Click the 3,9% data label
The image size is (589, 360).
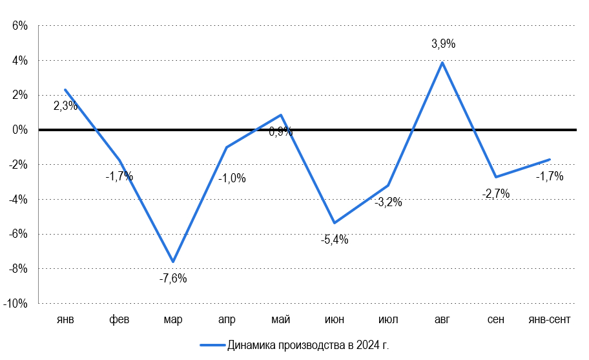[444, 45]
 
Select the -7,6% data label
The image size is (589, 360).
[172, 279]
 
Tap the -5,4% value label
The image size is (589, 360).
[335, 240]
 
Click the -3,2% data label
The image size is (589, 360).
[388, 202]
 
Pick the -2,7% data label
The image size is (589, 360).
[496, 193]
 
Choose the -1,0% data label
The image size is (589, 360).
[232, 178]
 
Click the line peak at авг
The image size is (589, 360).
[442, 62]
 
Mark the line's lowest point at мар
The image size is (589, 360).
[172, 262]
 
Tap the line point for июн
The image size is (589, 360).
[334, 223]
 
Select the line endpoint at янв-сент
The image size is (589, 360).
[550, 159]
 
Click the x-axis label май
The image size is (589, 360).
[280, 320]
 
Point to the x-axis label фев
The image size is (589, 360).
[119, 320]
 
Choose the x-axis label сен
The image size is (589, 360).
[496, 320]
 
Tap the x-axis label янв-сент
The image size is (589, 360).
[550, 320]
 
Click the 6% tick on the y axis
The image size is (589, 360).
[18, 26]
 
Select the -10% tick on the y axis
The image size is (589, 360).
[14, 303]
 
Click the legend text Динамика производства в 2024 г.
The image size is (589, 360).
[308, 345]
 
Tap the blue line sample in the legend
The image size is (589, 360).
[211, 345]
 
